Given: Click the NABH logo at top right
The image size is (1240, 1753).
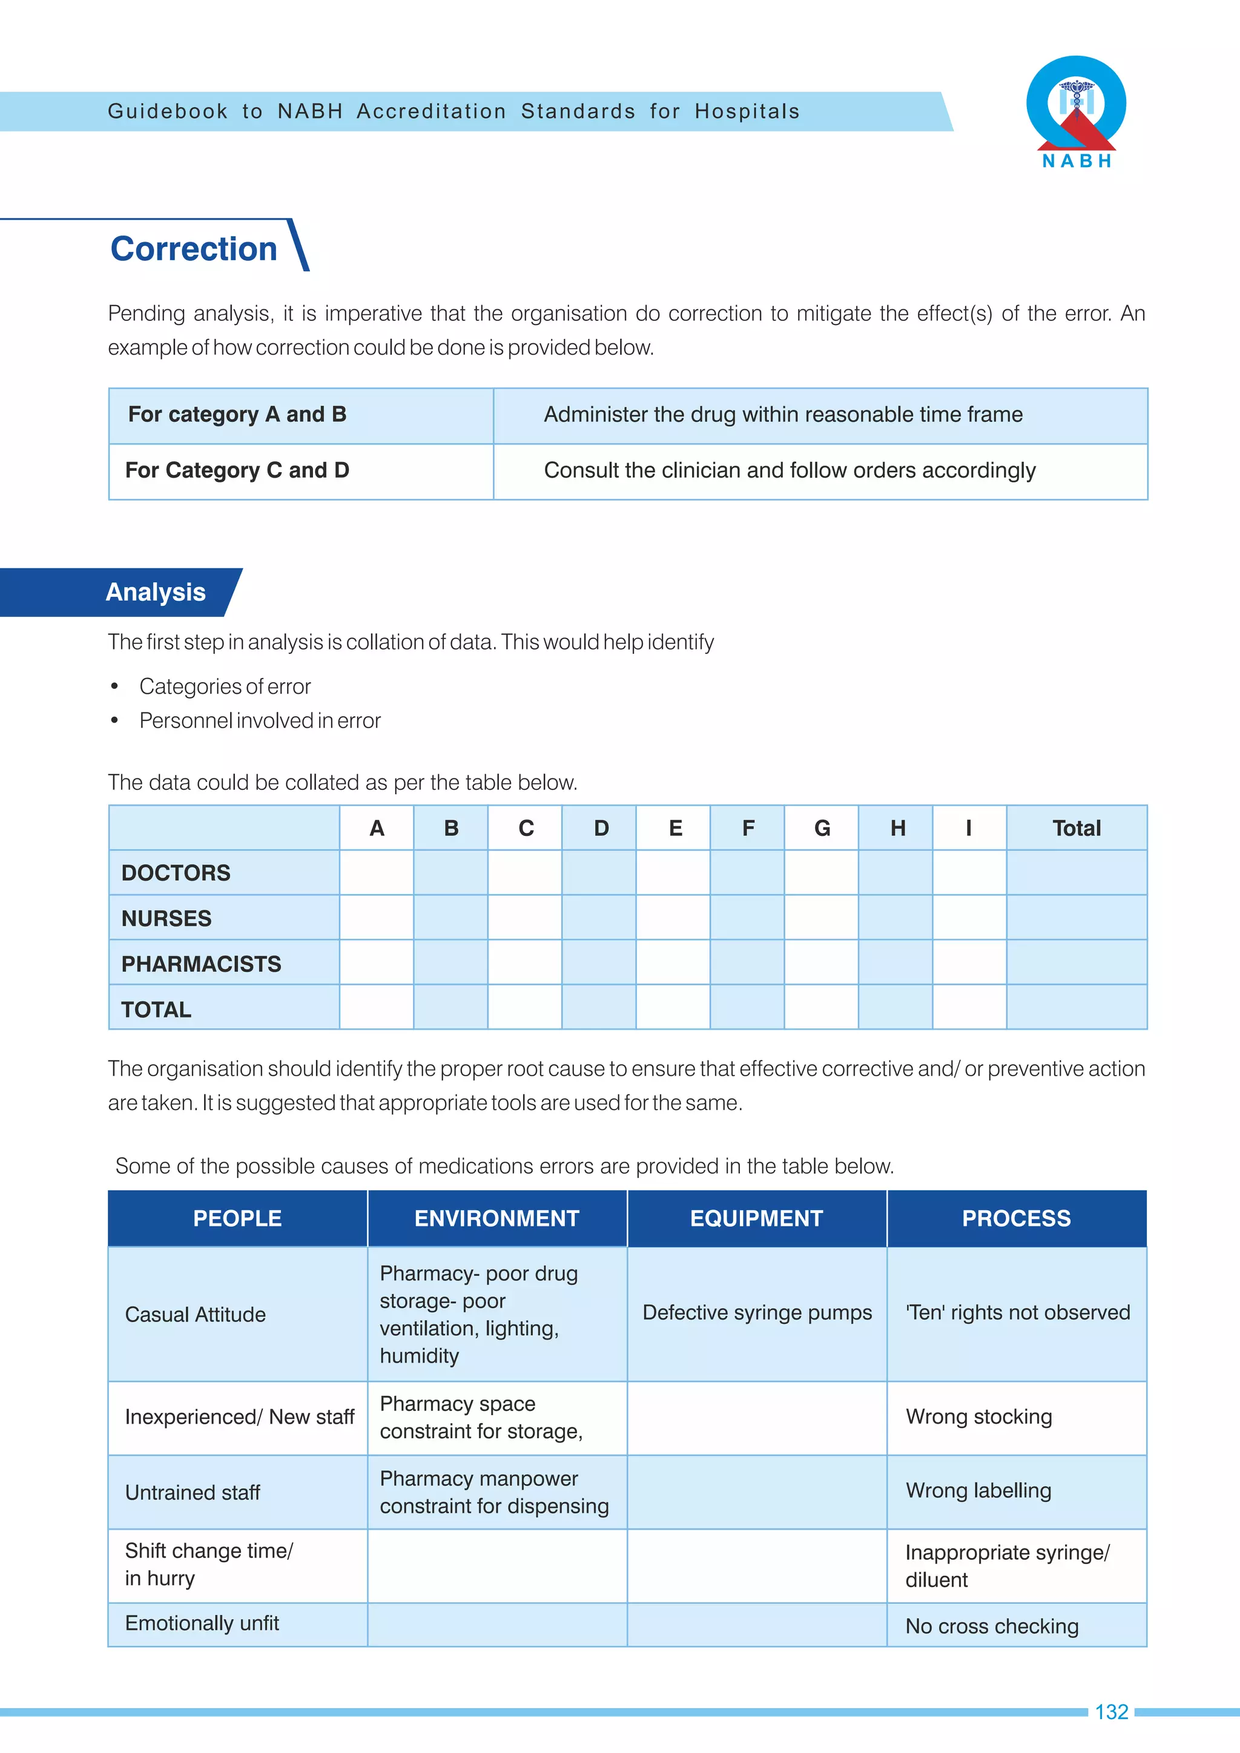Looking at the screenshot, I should (x=1076, y=111).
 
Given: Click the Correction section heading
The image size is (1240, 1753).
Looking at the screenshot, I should (x=194, y=249).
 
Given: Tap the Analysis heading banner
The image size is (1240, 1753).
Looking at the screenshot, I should (x=156, y=593).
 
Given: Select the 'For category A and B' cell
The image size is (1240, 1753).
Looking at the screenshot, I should (x=237, y=415).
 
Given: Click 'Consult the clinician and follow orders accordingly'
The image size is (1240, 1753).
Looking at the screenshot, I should (x=790, y=470).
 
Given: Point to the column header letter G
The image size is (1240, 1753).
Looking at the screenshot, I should (x=822, y=829).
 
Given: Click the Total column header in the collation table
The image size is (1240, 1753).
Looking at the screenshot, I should (x=1076, y=829).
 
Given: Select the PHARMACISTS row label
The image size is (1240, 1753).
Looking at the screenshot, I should (x=201, y=964).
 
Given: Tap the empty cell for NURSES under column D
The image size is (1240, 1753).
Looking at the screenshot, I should (x=599, y=918).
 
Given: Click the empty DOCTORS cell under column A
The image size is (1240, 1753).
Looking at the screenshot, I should (x=377, y=873).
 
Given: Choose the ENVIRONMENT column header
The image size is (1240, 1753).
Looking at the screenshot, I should (x=496, y=1219).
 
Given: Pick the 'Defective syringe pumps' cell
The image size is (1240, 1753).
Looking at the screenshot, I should (x=757, y=1312).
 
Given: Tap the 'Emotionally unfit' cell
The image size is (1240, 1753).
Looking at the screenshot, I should (x=202, y=1623).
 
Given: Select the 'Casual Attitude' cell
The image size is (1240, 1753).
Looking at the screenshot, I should (x=196, y=1315).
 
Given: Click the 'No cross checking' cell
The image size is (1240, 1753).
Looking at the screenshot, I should (x=992, y=1626).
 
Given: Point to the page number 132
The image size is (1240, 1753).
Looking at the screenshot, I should (x=1111, y=1712).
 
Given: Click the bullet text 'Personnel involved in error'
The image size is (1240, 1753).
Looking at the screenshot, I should (x=260, y=721).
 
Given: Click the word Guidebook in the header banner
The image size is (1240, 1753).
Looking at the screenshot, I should (x=168, y=111).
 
